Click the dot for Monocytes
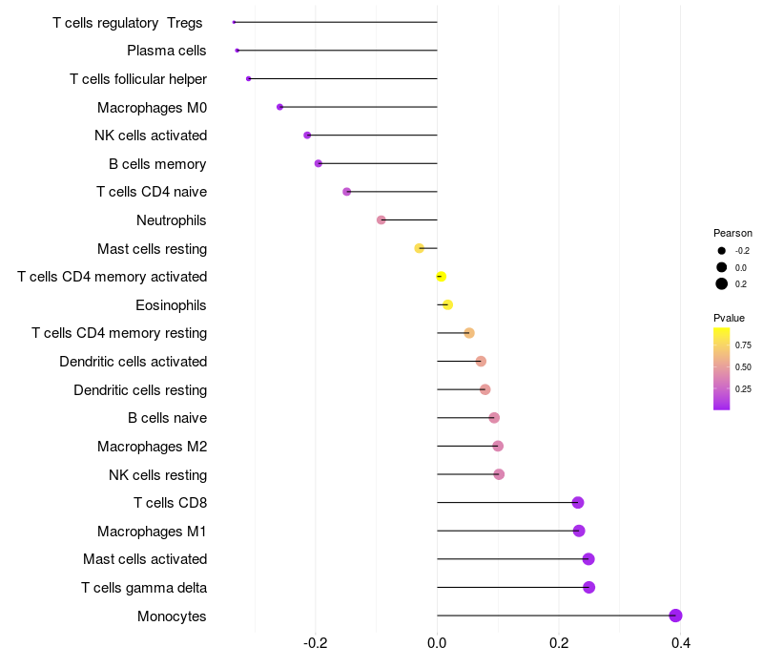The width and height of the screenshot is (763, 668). click(x=675, y=616)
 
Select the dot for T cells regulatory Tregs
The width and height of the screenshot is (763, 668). click(x=234, y=22)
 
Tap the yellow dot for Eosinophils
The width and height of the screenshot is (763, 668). click(x=447, y=304)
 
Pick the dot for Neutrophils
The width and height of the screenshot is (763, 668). click(x=381, y=220)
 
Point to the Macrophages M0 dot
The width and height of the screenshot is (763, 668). click(x=279, y=107)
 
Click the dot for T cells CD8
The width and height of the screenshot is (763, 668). click(x=578, y=503)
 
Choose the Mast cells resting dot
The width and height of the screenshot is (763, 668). click(x=419, y=248)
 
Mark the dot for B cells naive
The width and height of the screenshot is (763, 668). click(x=494, y=418)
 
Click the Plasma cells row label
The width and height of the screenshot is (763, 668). click(x=166, y=51)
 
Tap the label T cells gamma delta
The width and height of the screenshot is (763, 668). click(x=144, y=588)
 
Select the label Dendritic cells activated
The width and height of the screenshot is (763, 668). click(x=134, y=362)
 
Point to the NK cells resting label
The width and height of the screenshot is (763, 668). click(x=158, y=474)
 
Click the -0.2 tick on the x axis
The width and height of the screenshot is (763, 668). click(x=315, y=643)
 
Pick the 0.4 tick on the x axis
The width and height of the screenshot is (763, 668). click(x=681, y=643)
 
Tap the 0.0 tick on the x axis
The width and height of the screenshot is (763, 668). click(x=437, y=643)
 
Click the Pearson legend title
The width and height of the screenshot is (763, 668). click(x=732, y=233)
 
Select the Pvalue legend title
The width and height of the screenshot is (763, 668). click(x=729, y=318)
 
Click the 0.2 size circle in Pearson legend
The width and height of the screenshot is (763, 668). click(x=722, y=283)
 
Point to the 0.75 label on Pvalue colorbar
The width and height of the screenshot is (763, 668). click(x=743, y=344)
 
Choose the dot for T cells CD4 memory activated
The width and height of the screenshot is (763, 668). click(x=441, y=277)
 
